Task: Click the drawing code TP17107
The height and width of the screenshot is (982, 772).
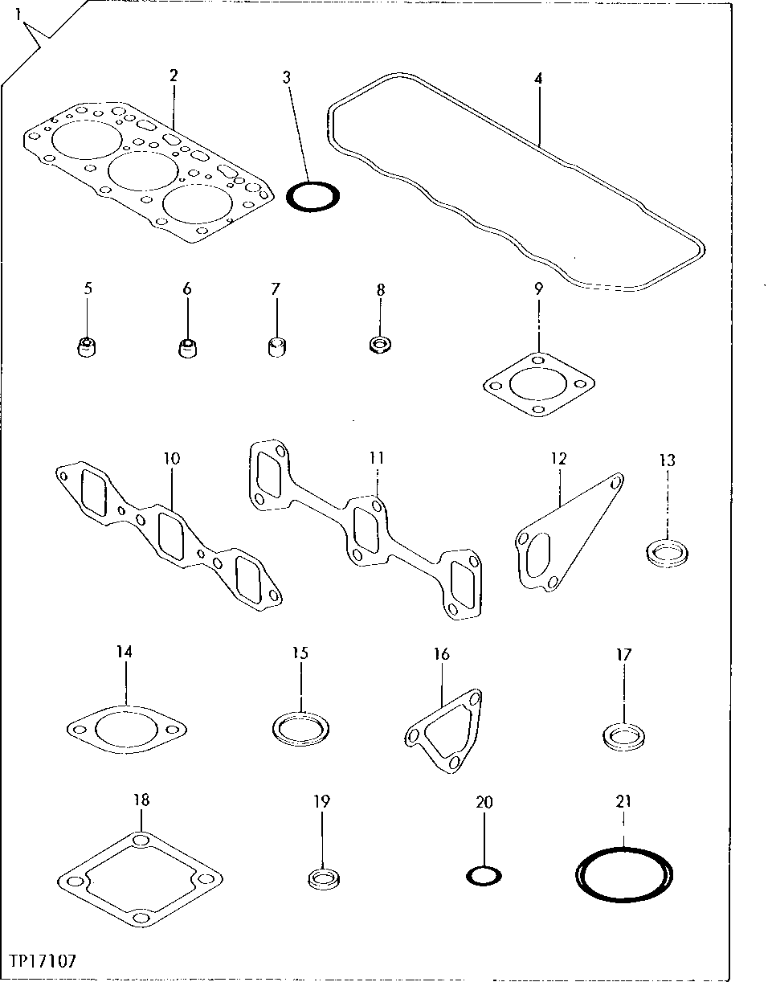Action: (44, 961)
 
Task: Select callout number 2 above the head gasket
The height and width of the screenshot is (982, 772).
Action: (173, 76)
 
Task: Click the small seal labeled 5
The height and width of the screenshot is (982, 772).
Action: (87, 348)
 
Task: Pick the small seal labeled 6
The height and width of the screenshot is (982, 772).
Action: (186, 348)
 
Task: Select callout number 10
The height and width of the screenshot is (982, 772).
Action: (172, 459)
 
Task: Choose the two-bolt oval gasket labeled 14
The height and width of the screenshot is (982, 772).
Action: (127, 730)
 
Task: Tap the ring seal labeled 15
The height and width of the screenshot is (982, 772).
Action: (300, 728)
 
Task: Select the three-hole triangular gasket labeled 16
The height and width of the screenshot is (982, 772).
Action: (443, 731)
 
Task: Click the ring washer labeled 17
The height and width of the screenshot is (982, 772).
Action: (625, 734)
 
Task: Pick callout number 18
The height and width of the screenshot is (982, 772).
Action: (141, 800)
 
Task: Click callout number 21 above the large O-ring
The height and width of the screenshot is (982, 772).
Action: (624, 800)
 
